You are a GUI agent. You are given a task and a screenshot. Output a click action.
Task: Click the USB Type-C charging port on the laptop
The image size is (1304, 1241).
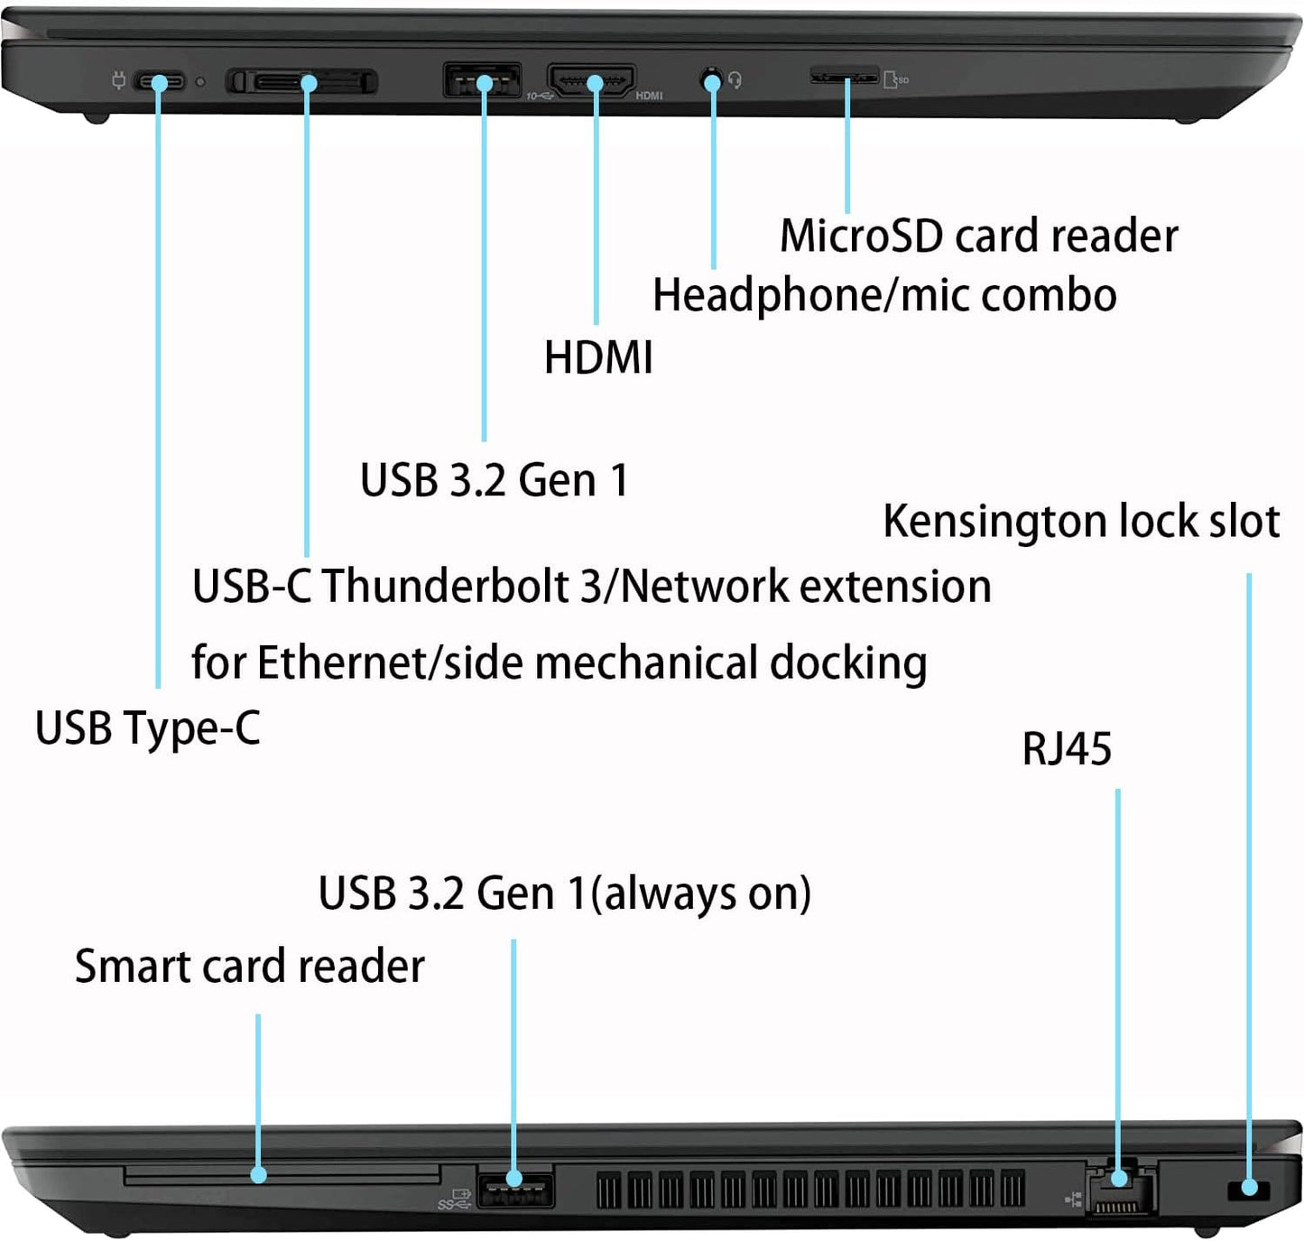pyautogui.click(x=160, y=83)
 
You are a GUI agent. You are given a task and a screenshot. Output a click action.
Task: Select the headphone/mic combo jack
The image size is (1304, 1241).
pyautogui.click(x=712, y=81)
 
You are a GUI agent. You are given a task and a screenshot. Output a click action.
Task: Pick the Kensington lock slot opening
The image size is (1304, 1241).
pyautogui.click(x=1249, y=1190)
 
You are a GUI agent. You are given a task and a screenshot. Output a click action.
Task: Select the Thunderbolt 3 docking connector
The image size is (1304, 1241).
pyautogui.click(x=301, y=83)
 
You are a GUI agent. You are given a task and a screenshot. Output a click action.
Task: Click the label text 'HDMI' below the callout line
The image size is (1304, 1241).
pyautogui.click(x=598, y=357)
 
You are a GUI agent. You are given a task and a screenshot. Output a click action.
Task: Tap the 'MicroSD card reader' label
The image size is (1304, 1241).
pyautogui.click(x=978, y=236)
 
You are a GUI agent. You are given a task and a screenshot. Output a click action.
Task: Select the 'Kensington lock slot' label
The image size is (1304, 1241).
pyautogui.click(x=1080, y=522)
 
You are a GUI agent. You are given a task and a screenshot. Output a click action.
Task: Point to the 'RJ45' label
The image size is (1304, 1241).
pyautogui.click(x=1066, y=749)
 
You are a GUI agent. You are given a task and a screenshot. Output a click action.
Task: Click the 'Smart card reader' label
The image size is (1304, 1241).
pyautogui.click(x=249, y=967)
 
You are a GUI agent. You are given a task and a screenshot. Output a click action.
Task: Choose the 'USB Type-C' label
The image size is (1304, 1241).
pyautogui.click(x=147, y=728)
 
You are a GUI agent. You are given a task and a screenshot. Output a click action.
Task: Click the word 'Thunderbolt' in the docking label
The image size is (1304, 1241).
pyautogui.click(x=447, y=587)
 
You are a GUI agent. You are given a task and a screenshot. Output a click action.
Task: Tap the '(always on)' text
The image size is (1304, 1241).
pyautogui.click(x=701, y=894)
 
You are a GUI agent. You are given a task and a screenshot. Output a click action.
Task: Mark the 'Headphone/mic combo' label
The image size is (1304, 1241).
pyautogui.click(x=883, y=296)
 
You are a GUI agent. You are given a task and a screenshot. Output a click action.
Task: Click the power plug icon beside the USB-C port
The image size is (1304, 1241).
pyautogui.click(x=117, y=81)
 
